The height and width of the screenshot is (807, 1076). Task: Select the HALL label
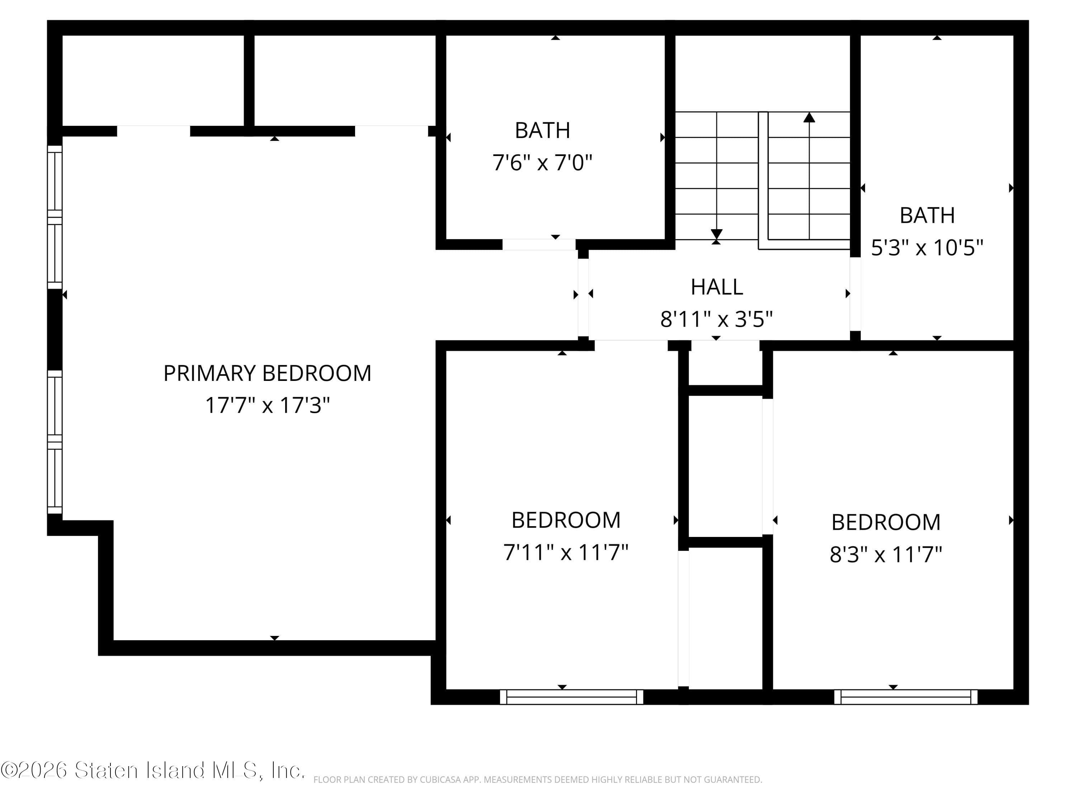(717, 287)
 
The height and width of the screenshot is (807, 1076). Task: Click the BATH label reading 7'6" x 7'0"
(542, 130)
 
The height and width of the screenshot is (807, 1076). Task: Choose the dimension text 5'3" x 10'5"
(927, 247)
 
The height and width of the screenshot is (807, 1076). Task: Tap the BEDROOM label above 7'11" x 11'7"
(566, 520)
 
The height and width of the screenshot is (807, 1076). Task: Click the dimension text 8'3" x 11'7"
(885, 554)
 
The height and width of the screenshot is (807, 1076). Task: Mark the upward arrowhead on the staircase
(809, 117)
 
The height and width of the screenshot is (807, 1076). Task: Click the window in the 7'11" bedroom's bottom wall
(572, 697)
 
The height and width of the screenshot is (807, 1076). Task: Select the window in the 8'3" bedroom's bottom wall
(905, 697)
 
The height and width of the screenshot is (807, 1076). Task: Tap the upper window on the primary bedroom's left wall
(55, 217)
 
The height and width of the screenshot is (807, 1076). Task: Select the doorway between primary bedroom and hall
(583, 297)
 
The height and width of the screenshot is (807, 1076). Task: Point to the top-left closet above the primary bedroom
(153, 80)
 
